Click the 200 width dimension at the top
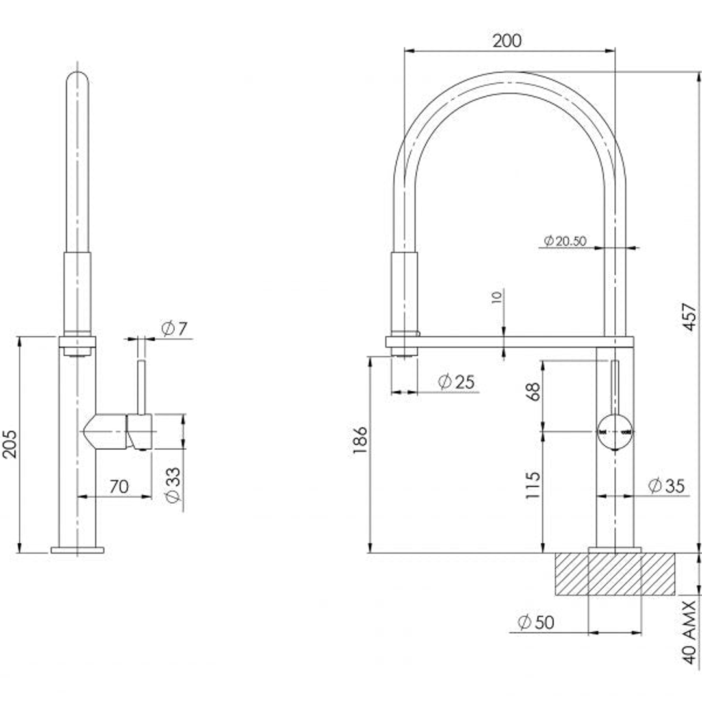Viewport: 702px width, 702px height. coord(506,40)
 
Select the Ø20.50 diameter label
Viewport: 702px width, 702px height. coord(564,241)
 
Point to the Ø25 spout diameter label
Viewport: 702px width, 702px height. coord(456,382)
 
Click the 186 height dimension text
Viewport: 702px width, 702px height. coord(360,441)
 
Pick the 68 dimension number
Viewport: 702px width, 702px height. coord(533,392)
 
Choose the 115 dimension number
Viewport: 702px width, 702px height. coord(533,485)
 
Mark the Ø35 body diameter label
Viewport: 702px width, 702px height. coord(667,485)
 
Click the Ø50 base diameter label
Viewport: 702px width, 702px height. coord(536,622)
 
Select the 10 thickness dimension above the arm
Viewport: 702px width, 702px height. coord(497,297)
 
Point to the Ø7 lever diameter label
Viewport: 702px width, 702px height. coord(174,329)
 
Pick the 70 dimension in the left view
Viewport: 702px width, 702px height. coord(118,486)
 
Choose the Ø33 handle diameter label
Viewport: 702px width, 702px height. coord(173,485)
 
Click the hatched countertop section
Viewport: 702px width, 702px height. coord(615,574)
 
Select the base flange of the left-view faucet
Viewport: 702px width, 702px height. coord(77,550)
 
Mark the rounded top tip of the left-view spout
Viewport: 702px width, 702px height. coord(77,77)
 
